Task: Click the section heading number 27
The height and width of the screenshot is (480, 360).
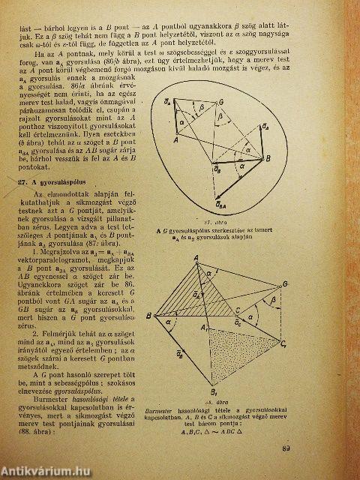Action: pos(23,182)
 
